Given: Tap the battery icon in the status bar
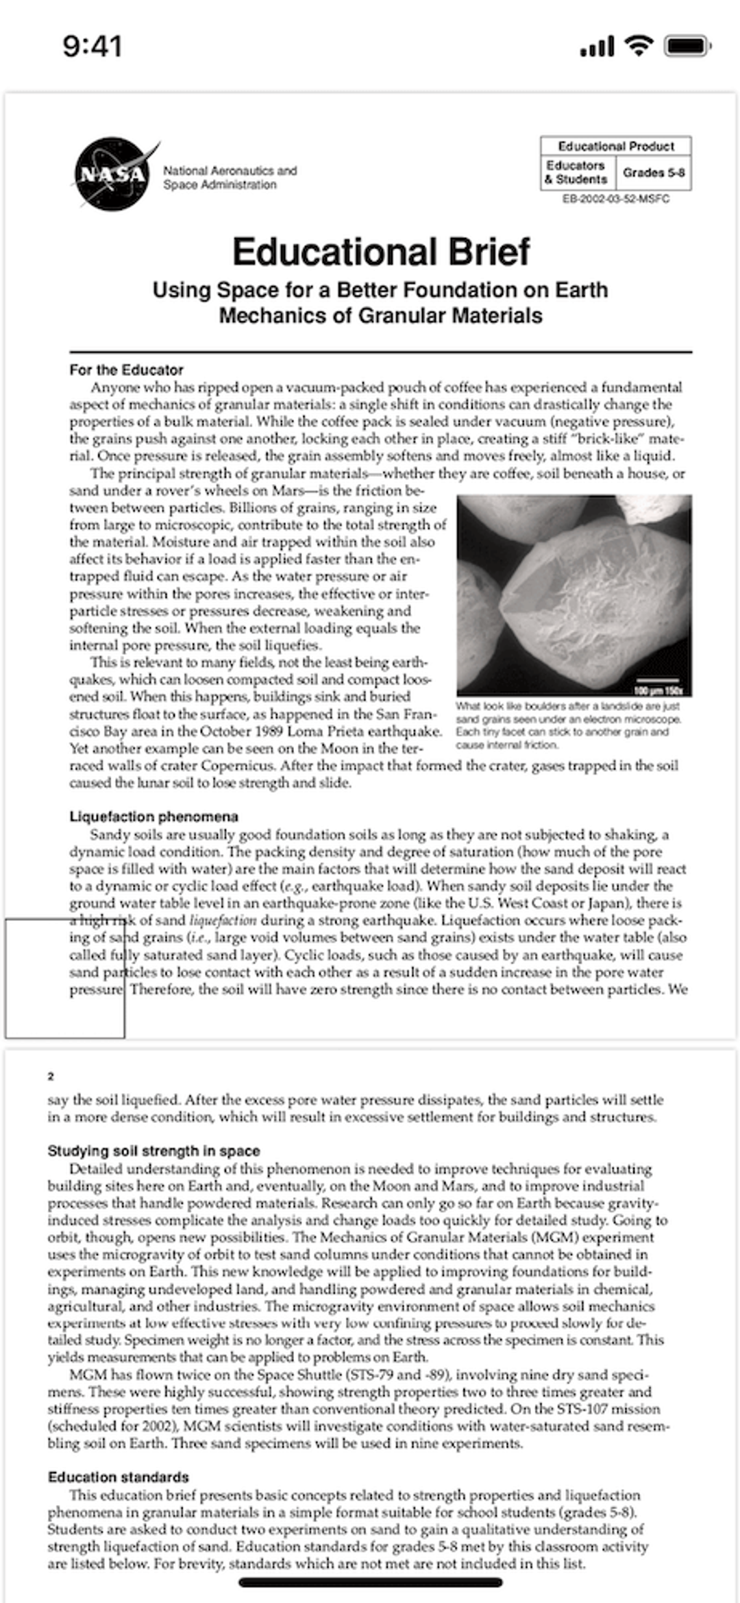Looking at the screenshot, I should pyautogui.click(x=687, y=47).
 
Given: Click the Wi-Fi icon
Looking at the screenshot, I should pyautogui.click(x=638, y=46).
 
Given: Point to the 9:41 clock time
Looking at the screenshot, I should pyautogui.click(x=92, y=47).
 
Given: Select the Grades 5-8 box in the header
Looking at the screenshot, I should pyautogui.click(x=653, y=173).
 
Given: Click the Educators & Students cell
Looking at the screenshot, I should pyautogui.click(x=576, y=173).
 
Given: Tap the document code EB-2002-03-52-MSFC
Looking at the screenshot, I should pyautogui.click(x=615, y=199).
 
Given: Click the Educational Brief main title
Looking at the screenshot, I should pyautogui.click(x=380, y=252).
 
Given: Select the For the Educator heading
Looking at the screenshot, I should pyautogui.click(x=126, y=370).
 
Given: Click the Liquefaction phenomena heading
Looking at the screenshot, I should pyautogui.click(x=153, y=817).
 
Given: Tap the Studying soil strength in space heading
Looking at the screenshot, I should pyautogui.click(x=153, y=1150).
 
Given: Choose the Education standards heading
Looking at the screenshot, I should pyautogui.click(x=118, y=1477).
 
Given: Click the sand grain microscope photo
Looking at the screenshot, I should pyautogui.click(x=573, y=594).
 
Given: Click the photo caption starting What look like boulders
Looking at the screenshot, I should pyautogui.click(x=568, y=725).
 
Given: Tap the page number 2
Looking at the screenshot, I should pyautogui.click(x=51, y=1076).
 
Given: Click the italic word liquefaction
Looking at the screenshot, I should pyautogui.click(x=223, y=920).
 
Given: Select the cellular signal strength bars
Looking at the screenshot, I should pyautogui.click(x=597, y=47).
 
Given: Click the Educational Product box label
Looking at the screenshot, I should pyautogui.click(x=615, y=146).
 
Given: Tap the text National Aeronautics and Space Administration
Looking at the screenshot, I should pyautogui.click(x=230, y=178).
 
